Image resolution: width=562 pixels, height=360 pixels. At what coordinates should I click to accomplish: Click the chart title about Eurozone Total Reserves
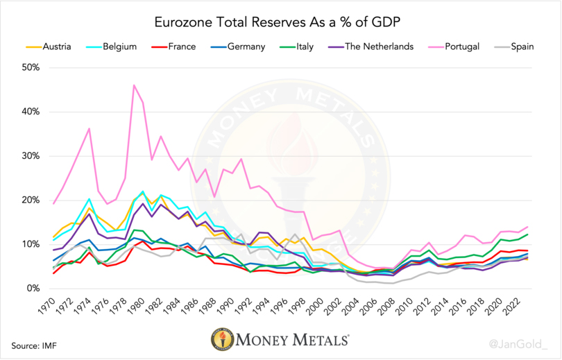[281, 23]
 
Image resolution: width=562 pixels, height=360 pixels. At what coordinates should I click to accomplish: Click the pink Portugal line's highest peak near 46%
[133, 85]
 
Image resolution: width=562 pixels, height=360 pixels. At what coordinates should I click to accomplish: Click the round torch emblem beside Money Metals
[221, 341]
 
